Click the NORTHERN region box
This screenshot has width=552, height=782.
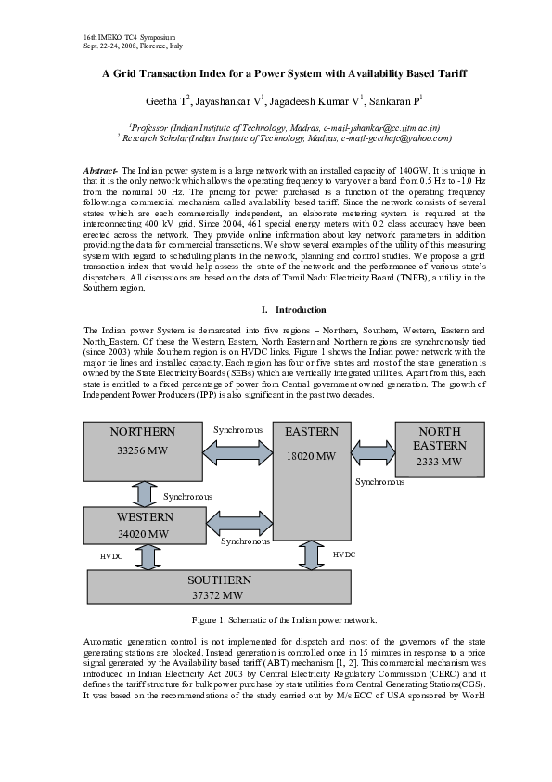pyautogui.click(x=143, y=450)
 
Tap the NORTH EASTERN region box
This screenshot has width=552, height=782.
pyautogui.click(x=439, y=447)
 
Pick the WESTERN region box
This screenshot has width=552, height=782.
pyautogui.click(x=144, y=525)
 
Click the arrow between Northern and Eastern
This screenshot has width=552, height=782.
pyautogui.click(x=237, y=453)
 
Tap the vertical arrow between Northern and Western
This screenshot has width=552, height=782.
pyautogui.click(x=145, y=492)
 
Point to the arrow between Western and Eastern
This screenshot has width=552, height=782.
pyautogui.click(x=239, y=524)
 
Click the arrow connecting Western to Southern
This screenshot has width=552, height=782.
pyautogui.click(x=147, y=556)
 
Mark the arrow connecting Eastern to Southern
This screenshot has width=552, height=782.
pyautogui.click(x=310, y=554)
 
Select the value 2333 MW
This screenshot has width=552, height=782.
pyautogui.click(x=439, y=462)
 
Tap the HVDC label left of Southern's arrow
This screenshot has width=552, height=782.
pyautogui.click(x=110, y=555)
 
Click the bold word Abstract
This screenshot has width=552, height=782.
pyautogui.click(x=101, y=172)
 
